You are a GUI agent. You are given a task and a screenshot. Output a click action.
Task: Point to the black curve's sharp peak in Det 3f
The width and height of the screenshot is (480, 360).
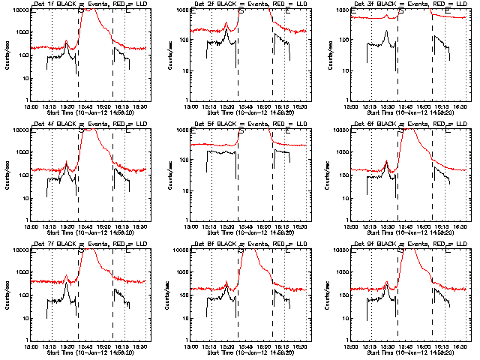coord(385,31)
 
